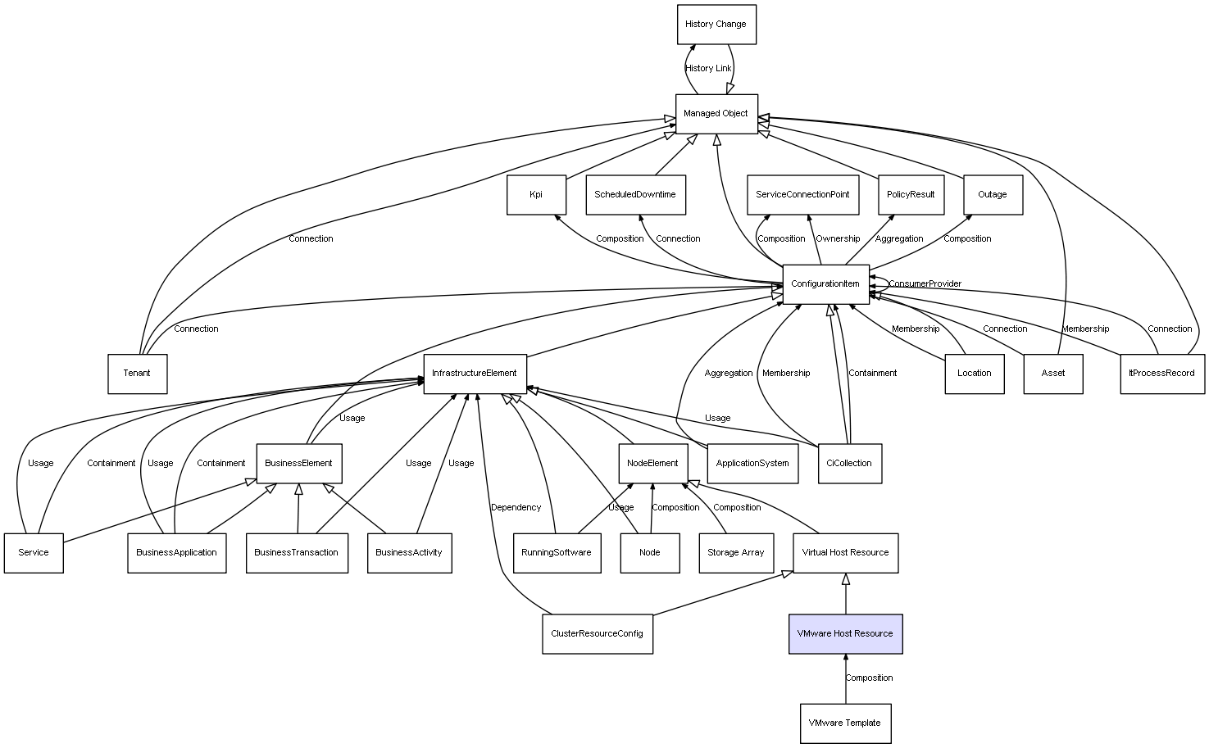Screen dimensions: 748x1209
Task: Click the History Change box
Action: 716,25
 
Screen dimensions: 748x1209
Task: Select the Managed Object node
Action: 716,114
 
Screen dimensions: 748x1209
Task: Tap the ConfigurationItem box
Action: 825,284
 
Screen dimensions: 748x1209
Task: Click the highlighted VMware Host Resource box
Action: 845,634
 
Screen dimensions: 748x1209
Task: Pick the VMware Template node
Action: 845,723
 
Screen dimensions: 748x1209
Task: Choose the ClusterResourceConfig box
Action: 597,634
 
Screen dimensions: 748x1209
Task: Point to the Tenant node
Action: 137,374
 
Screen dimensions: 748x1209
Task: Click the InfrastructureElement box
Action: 475,374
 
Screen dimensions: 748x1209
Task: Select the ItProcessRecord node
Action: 1161,374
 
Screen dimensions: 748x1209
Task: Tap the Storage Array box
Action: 735,553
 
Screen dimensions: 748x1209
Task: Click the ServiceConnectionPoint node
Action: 802,195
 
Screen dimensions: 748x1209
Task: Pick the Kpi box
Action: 536,195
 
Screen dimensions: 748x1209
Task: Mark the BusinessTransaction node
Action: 296,553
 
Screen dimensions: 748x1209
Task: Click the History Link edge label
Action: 708,69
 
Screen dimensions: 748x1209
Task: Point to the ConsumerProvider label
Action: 925,284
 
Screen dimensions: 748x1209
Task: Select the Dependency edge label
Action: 516,508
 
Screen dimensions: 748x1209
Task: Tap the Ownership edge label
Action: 838,239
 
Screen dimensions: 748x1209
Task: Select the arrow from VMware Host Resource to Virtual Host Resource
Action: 846,593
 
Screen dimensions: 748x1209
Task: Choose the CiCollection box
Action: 849,464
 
